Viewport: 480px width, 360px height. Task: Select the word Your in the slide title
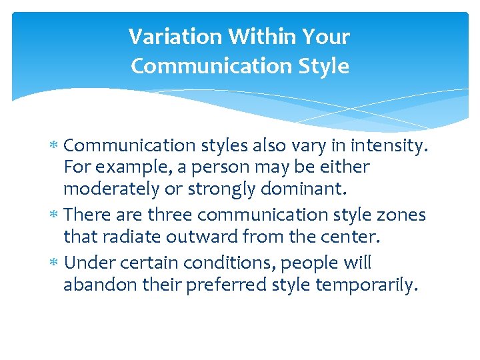(325, 37)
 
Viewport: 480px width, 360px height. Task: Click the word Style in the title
(325, 67)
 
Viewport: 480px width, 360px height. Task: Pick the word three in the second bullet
(175, 215)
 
